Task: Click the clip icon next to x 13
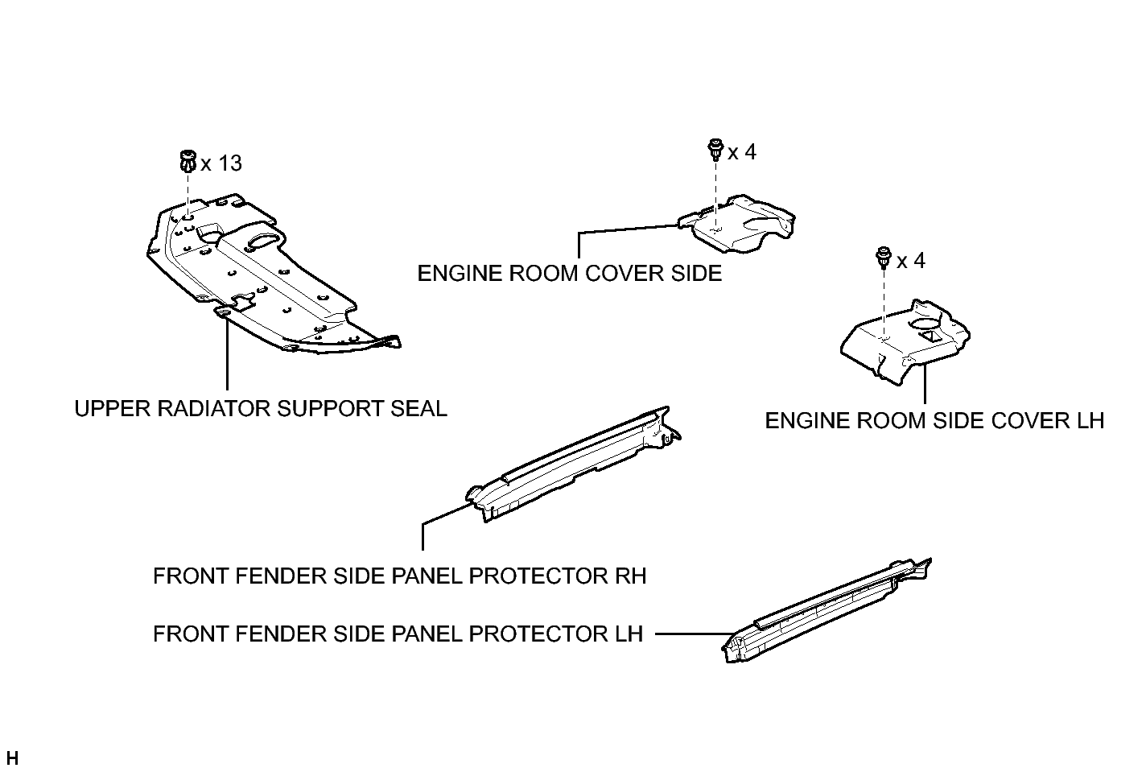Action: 188,161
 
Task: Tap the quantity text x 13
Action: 221,163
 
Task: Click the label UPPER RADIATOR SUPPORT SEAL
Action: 261,409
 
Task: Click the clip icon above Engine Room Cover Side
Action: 715,150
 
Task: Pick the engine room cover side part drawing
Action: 736,223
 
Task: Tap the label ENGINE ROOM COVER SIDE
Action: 570,274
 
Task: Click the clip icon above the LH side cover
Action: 884,258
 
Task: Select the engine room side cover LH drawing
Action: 905,342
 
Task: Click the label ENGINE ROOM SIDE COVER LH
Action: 934,421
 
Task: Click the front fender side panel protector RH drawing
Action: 573,464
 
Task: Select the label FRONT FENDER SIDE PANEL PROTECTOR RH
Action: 399,576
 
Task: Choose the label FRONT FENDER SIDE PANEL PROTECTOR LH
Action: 398,634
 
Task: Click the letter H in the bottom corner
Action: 12,758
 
